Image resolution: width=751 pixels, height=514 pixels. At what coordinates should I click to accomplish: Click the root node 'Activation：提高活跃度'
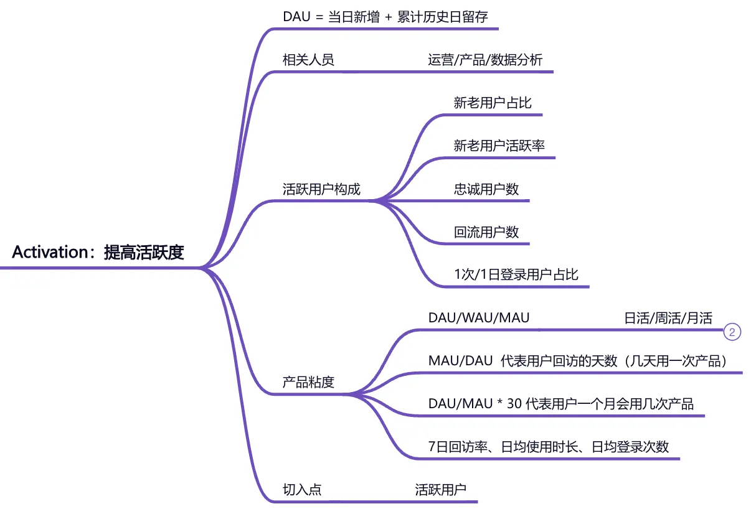tap(98, 253)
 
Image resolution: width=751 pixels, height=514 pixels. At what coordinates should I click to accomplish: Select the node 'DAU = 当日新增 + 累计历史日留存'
tap(385, 17)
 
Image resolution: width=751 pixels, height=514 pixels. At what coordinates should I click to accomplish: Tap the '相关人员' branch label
tap(308, 60)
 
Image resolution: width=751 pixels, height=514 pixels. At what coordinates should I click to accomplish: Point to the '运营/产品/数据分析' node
tap(485, 60)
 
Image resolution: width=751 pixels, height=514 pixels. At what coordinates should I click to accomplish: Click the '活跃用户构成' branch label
tap(321, 189)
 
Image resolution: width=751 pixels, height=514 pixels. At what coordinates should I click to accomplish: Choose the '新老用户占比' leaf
tap(493, 103)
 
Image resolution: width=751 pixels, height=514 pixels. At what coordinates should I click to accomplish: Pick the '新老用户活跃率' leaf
tap(499, 146)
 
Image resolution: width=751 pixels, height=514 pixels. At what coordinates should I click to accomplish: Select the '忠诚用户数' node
tap(486, 189)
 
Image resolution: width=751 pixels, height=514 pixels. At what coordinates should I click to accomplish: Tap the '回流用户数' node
tap(486, 232)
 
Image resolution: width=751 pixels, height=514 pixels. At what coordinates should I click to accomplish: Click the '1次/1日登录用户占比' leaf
tap(516, 274)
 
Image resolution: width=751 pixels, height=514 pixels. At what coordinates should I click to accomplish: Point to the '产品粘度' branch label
tap(308, 382)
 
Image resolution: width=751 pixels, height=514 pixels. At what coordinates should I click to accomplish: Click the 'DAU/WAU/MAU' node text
tap(479, 318)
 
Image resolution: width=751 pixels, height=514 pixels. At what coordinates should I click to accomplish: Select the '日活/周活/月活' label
tap(668, 318)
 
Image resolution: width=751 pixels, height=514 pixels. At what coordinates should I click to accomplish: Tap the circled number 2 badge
tap(732, 332)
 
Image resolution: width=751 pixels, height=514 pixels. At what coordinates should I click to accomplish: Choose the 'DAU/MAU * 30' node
tap(560, 404)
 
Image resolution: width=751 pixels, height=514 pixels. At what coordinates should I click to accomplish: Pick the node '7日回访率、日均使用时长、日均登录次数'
tap(549, 446)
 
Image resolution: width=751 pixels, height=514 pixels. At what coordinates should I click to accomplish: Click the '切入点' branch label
tap(302, 489)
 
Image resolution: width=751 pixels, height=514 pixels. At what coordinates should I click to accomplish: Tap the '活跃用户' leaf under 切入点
tap(441, 489)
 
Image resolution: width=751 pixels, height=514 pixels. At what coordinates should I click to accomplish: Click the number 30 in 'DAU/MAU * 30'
tap(514, 404)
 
